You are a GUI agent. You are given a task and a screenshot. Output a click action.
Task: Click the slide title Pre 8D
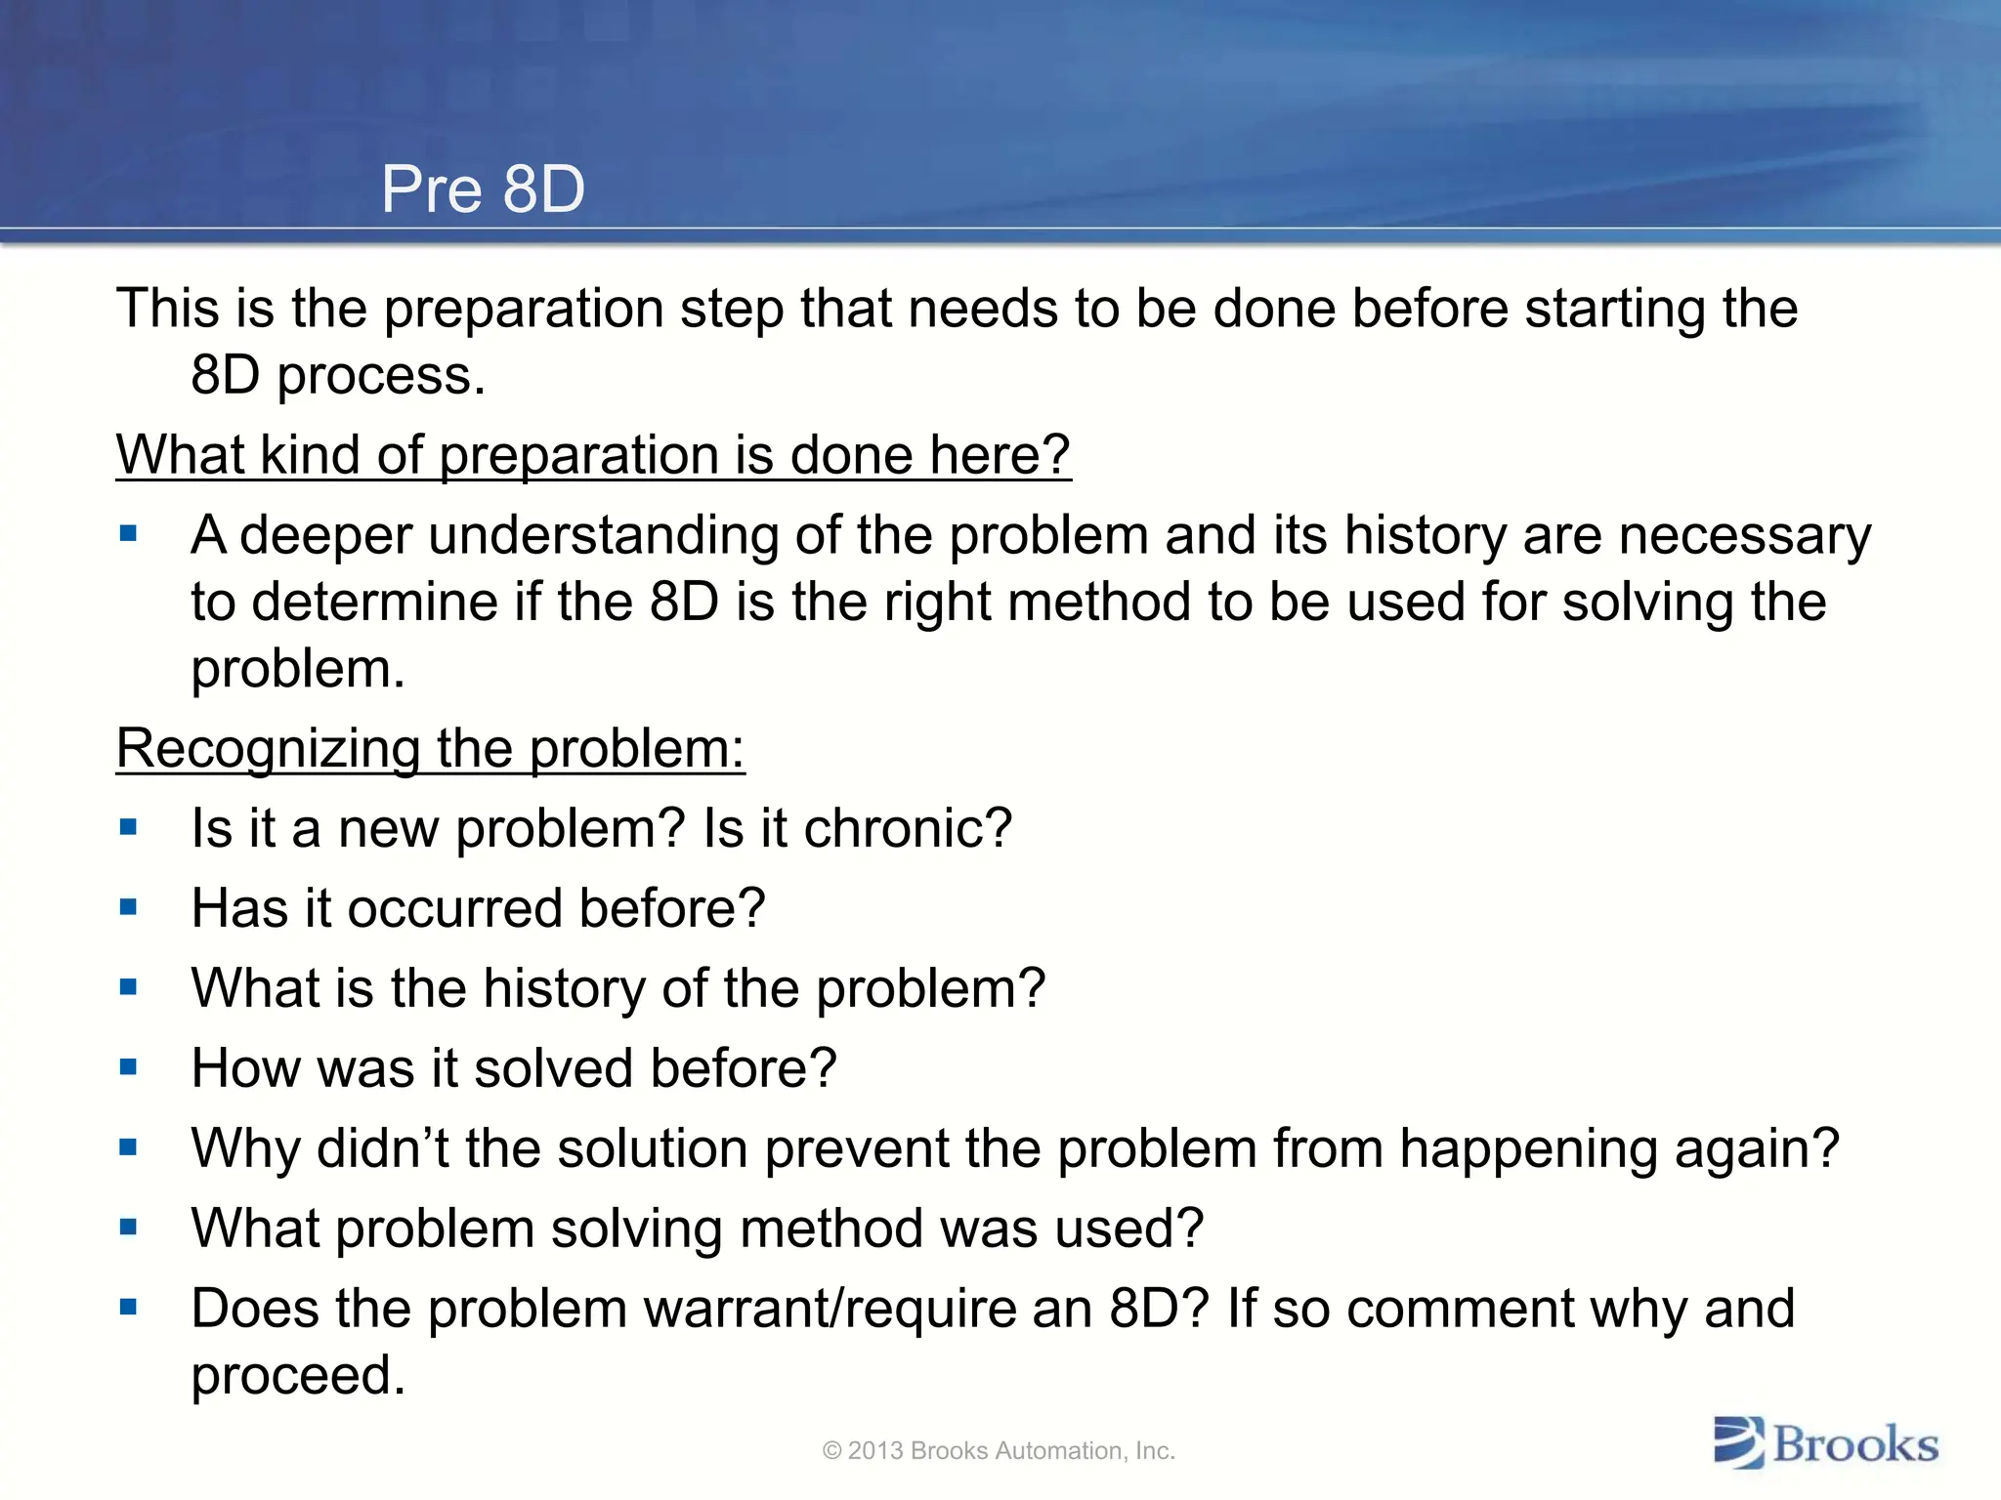point(483,189)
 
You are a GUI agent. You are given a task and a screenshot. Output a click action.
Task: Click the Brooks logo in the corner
point(1825,1444)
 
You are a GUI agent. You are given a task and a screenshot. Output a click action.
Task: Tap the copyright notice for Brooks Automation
point(999,1451)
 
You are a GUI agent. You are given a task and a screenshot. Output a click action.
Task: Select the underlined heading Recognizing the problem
point(430,749)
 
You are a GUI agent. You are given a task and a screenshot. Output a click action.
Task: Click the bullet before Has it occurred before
point(128,907)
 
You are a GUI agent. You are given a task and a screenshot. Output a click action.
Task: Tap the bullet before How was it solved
point(128,1067)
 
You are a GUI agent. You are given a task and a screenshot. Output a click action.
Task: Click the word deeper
point(325,537)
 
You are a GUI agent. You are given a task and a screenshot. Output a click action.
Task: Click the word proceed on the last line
point(297,1376)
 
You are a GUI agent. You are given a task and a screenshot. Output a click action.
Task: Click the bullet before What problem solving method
point(128,1228)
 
